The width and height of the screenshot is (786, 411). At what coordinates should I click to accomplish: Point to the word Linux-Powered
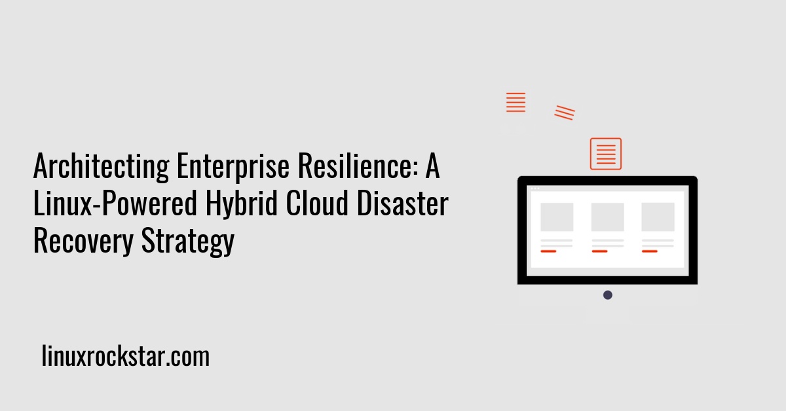tap(115, 204)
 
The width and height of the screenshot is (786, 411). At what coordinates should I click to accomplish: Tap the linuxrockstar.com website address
tap(125, 357)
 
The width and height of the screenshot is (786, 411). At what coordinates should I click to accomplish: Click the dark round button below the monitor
tap(608, 295)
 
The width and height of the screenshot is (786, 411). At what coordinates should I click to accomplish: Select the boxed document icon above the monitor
tap(606, 154)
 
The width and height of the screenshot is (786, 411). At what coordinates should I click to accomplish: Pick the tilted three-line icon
tap(565, 113)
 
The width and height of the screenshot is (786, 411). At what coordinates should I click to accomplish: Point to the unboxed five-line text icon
tap(516, 102)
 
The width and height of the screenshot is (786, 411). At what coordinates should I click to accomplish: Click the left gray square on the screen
tap(557, 217)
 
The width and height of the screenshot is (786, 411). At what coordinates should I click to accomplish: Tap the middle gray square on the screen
tap(607, 217)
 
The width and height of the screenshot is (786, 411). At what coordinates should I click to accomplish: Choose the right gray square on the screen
tap(658, 217)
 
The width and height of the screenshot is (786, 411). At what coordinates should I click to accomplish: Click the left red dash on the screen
tap(548, 251)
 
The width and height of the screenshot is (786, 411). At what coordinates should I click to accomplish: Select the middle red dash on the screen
tap(599, 251)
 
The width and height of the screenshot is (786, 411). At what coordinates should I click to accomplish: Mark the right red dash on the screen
tap(650, 251)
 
